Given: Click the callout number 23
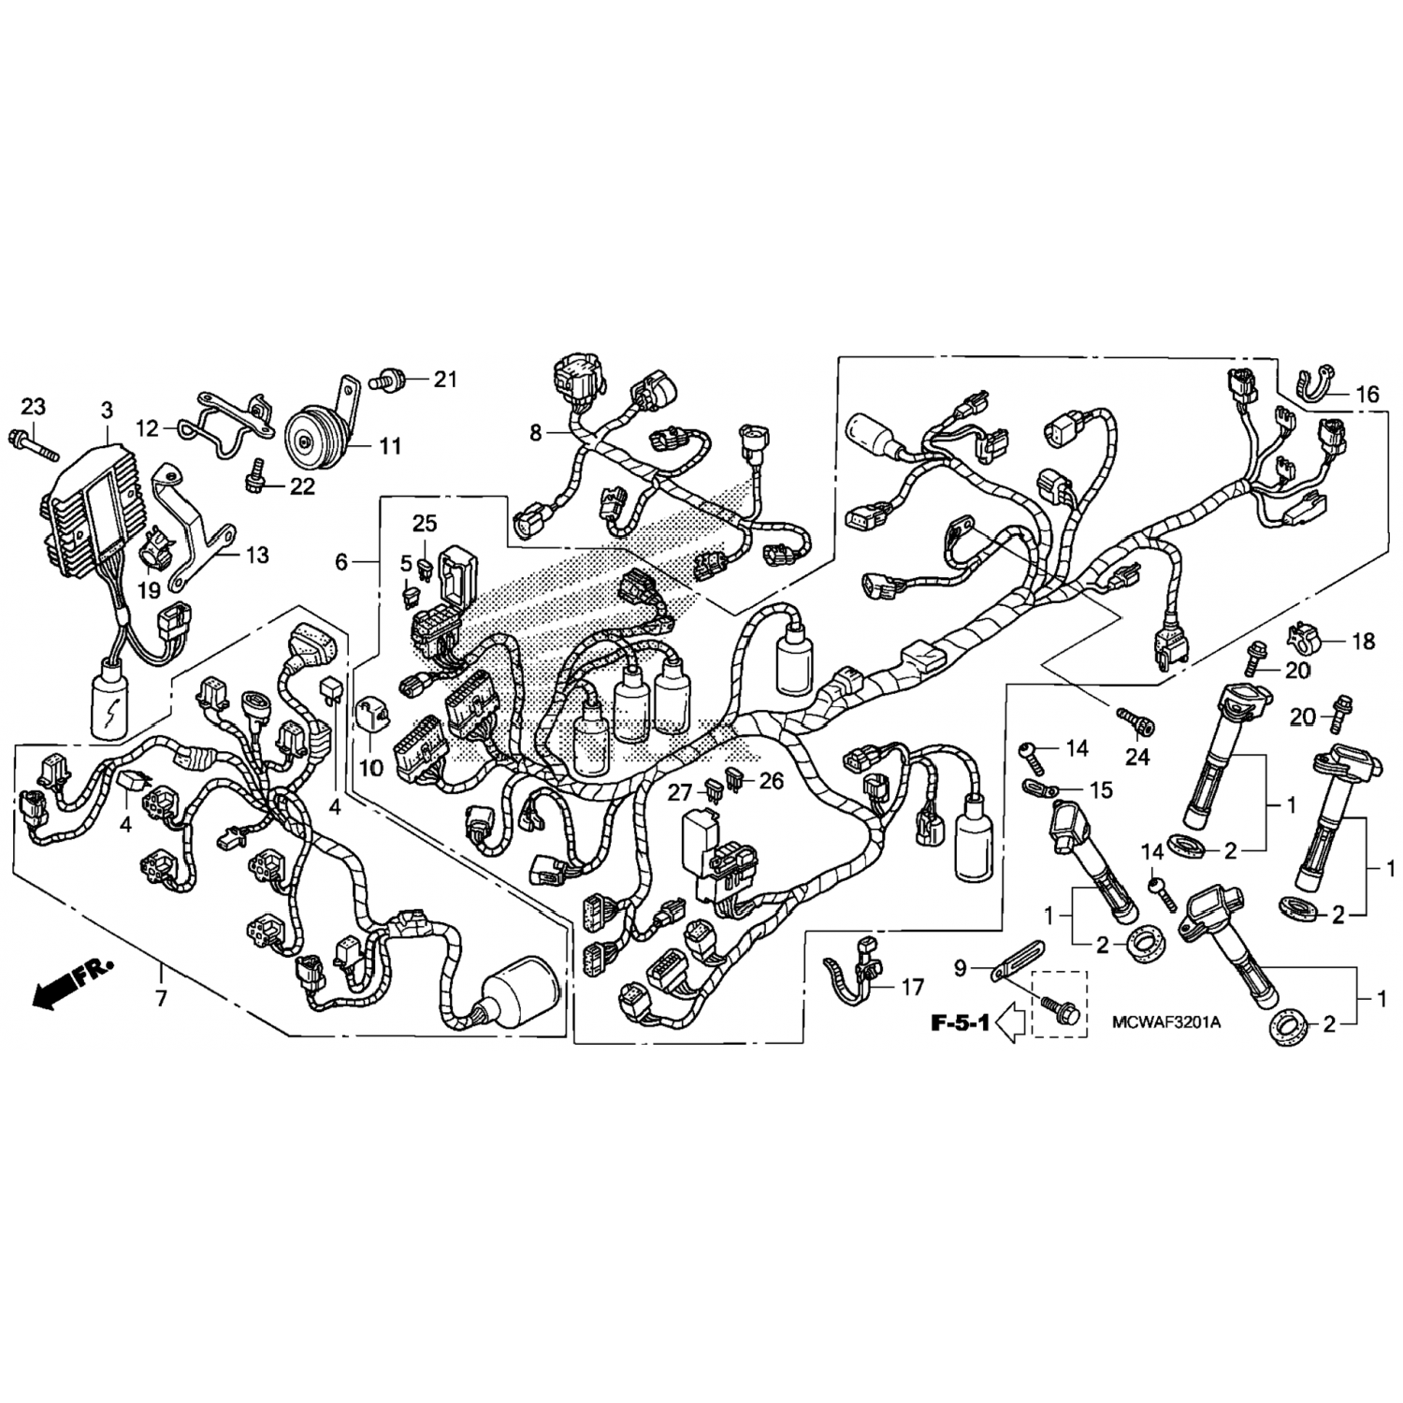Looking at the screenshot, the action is click(33, 407).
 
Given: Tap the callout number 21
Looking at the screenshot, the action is click(445, 379).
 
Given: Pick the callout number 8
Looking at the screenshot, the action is click(536, 432).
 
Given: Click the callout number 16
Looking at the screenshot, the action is click(1367, 395).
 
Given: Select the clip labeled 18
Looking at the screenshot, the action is click(1306, 640).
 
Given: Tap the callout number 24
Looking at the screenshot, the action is click(1136, 756).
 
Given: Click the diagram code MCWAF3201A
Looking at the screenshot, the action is click(1166, 1022).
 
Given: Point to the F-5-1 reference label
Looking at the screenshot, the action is click(960, 1023).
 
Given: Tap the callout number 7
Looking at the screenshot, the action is click(161, 999).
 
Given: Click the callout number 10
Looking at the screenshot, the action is click(371, 768).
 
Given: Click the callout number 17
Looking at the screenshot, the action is click(912, 987).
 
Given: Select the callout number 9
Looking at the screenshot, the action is click(960, 969).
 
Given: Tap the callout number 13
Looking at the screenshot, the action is click(257, 555).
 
